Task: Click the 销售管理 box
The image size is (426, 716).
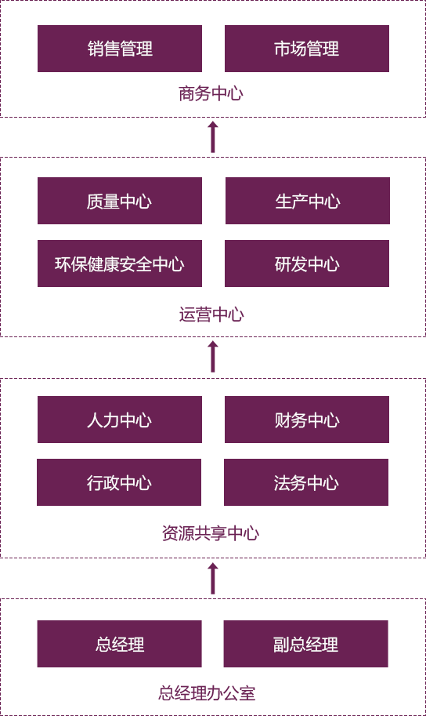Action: click(x=120, y=49)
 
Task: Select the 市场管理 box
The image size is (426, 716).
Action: click(x=307, y=49)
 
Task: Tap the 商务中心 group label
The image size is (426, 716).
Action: click(x=211, y=93)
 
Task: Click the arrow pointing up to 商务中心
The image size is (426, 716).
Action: click(x=212, y=137)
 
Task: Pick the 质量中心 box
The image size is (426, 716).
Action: click(x=120, y=201)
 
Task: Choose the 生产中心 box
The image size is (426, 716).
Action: click(x=308, y=201)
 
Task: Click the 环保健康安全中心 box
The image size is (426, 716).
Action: click(x=120, y=264)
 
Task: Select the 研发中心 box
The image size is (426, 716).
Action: click(x=307, y=264)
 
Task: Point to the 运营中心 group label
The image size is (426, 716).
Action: click(x=211, y=314)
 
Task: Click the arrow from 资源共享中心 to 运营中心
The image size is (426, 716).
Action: click(x=212, y=356)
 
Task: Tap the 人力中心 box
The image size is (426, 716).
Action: click(x=120, y=420)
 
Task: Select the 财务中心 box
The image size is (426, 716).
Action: click(x=307, y=420)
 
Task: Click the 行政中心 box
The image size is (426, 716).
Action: click(x=119, y=482)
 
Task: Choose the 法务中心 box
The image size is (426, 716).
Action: click(x=306, y=482)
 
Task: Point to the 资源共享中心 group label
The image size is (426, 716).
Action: click(x=211, y=533)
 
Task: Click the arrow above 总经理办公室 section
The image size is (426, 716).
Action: click(x=212, y=579)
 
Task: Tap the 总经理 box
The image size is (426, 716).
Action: click(x=120, y=644)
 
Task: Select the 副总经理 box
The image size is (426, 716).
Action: click(x=306, y=644)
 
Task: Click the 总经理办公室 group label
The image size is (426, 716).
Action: click(x=207, y=693)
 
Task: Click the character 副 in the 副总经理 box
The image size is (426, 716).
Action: click(x=281, y=645)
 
